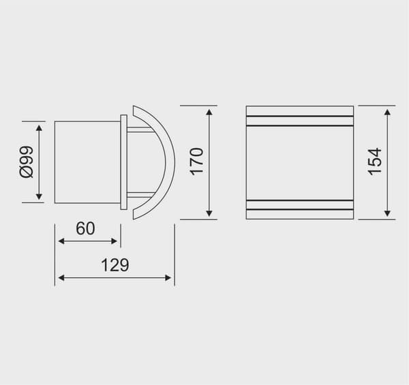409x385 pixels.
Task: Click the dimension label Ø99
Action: pyautogui.click(x=27, y=162)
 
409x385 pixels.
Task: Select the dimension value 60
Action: pyautogui.click(x=85, y=228)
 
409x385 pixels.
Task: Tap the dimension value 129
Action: pyautogui.click(x=115, y=265)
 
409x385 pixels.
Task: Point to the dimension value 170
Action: pyautogui.click(x=196, y=161)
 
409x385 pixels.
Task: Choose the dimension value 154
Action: pyautogui.click(x=374, y=161)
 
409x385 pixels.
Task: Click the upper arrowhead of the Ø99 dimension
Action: pyautogui.click(x=39, y=128)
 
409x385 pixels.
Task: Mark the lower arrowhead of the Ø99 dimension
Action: pyautogui.click(x=39, y=196)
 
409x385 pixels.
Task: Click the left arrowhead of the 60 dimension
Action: pyautogui.click(x=61, y=241)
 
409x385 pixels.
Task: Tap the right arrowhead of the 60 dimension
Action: pyautogui.click(x=115, y=241)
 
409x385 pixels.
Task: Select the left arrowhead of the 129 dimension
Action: pyautogui.click(x=61, y=278)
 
